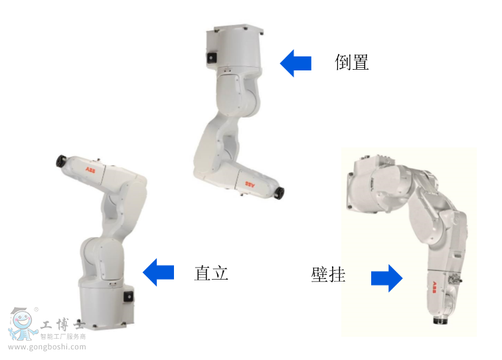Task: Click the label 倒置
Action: click(351, 62)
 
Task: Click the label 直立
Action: click(211, 272)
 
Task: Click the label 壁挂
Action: click(328, 274)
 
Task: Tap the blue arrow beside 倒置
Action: click(295, 63)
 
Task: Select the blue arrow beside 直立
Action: click(159, 272)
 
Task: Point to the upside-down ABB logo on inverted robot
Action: click(252, 183)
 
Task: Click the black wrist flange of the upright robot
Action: click(61, 160)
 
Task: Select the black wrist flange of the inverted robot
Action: click(280, 193)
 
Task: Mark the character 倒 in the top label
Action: click(343, 62)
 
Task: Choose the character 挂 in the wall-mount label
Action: click(337, 274)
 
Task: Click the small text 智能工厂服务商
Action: click(63, 337)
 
